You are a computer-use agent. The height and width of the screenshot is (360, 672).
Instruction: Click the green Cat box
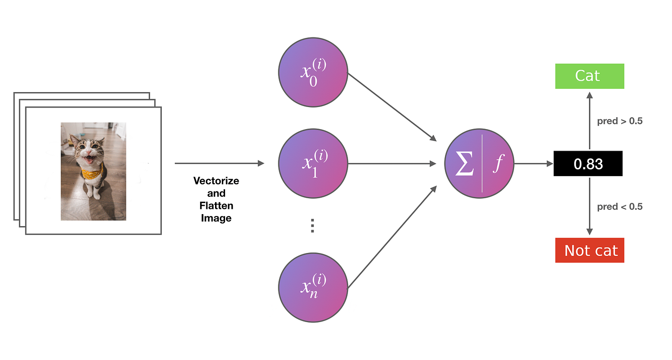click(x=589, y=76)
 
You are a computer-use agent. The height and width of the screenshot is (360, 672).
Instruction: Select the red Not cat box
click(x=589, y=250)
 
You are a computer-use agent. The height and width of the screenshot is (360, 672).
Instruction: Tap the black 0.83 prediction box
click(x=588, y=164)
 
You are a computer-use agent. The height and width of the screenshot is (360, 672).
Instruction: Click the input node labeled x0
click(x=313, y=72)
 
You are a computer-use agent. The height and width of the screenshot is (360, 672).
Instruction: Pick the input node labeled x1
click(x=313, y=164)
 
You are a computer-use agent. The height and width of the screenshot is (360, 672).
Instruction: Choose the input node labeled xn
click(x=313, y=288)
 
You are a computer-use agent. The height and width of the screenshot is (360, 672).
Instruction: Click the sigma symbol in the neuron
click(x=465, y=163)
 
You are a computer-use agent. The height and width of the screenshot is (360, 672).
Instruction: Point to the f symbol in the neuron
click(x=498, y=164)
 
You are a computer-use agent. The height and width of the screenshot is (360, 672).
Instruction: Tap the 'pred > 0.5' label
click(x=620, y=121)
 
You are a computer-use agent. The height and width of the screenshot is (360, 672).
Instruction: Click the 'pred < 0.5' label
click(x=620, y=207)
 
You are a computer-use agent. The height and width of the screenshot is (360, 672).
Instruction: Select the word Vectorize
click(x=216, y=181)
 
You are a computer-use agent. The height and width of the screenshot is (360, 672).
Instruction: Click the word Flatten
click(x=216, y=206)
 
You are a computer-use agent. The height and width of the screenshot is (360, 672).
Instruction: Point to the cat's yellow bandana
click(x=92, y=173)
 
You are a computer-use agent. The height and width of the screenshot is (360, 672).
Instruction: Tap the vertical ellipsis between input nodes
click(x=312, y=226)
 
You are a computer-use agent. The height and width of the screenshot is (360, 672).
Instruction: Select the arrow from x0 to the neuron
click(x=392, y=107)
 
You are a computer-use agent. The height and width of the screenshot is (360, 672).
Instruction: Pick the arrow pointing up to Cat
click(x=589, y=120)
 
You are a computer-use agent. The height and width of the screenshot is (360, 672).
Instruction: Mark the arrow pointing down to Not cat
click(x=589, y=206)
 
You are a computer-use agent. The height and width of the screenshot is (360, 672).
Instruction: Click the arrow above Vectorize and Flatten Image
click(x=219, y=163)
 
